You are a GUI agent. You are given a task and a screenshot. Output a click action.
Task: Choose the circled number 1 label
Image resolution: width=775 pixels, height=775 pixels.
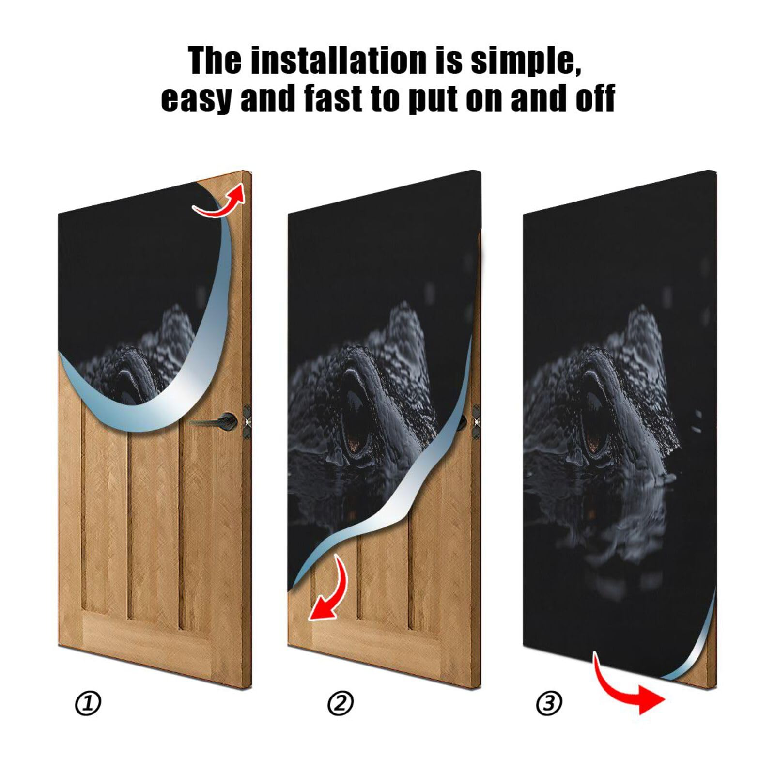click(x=88, y=703)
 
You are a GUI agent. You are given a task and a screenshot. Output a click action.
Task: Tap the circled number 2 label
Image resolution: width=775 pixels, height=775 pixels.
click(x=341, y=703)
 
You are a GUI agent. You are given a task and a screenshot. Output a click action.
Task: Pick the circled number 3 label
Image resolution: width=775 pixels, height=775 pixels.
click(x=549, y=703)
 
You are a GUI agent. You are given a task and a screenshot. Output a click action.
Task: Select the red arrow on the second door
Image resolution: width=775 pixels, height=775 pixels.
click(x=329, y=591)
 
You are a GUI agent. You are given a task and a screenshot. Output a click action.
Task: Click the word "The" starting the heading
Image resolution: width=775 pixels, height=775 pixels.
click(x=215, y=61)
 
